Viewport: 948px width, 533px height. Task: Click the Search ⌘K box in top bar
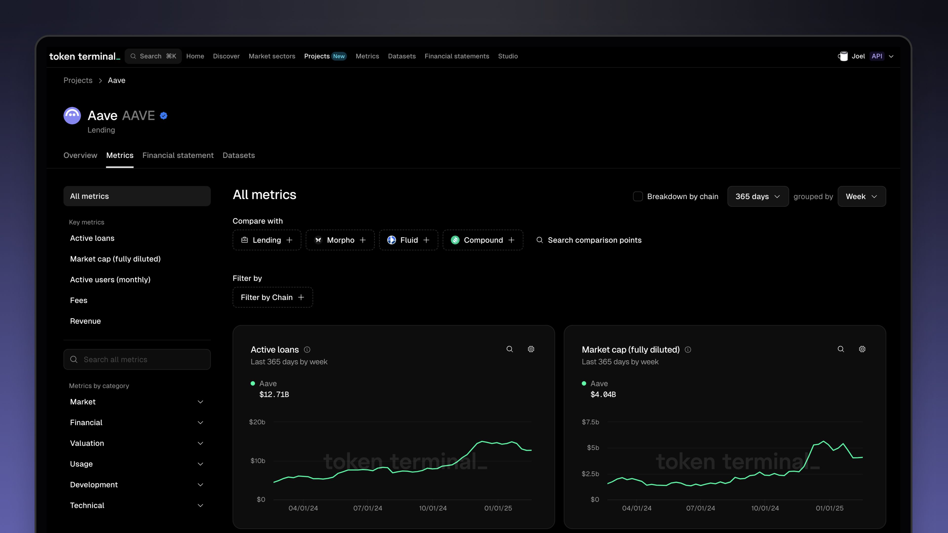[153, 56]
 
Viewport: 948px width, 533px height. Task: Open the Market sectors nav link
[272, 56]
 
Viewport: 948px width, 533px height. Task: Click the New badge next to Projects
[338, 56]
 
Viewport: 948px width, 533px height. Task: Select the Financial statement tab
[178, 155]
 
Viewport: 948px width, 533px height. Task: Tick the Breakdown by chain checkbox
[638, 196]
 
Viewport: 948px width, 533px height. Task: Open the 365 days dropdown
[757, 196]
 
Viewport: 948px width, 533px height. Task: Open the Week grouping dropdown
[861, 196]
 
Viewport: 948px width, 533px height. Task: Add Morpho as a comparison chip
[340, 240]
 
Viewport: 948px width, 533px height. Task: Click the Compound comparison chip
[482, 240]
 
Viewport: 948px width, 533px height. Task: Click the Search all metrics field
[137, 359]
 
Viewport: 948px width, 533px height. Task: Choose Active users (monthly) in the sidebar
[110, 280]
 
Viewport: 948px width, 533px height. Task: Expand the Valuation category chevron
[200, 443]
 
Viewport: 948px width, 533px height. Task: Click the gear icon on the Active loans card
[531, 349]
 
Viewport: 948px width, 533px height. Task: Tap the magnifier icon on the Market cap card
[841, 349]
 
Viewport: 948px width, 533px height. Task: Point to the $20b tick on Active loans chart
[257, 422]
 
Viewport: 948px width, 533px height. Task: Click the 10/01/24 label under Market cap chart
[765, 508]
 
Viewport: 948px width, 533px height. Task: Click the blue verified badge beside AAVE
[164, 116]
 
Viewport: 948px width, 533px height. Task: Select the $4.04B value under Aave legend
[603, 394]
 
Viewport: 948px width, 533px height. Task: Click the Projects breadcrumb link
[78, 80]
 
